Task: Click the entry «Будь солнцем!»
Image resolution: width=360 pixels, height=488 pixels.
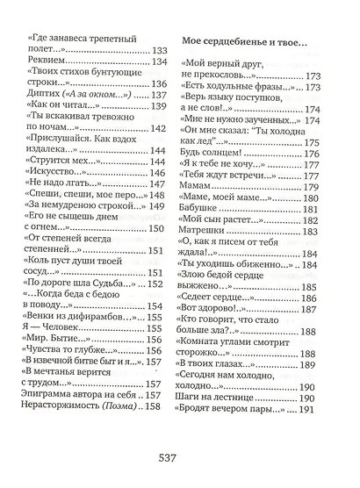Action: point(214,154)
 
